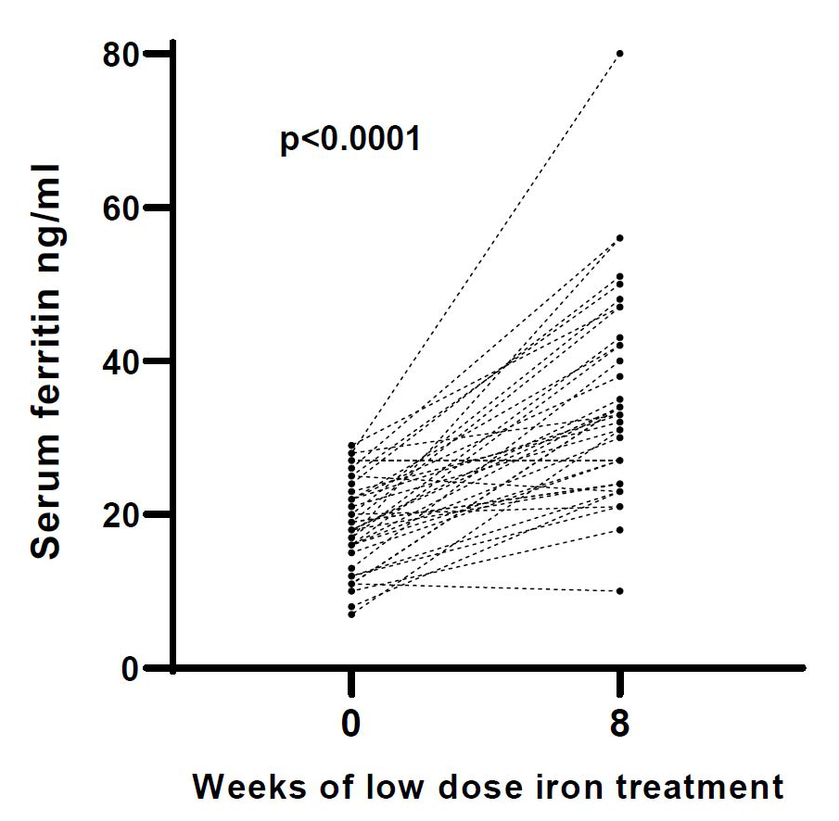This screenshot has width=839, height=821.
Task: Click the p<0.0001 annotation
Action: coord(350,141)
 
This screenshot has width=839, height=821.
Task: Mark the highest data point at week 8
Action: coord(619,54)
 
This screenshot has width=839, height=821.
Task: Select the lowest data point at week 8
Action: coord(619,591)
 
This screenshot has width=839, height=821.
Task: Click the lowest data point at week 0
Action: coord(351,614)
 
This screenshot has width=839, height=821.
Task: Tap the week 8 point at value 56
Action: coord(619,238)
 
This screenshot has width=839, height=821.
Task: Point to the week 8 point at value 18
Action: coord(619,530)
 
